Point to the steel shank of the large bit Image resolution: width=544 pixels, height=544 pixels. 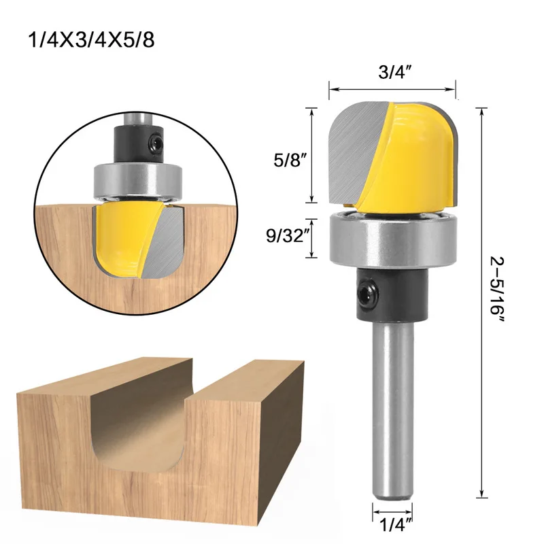(392, 408)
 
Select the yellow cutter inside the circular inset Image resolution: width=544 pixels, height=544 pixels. (119, 238)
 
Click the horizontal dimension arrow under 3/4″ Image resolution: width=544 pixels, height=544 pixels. (392, 88)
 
